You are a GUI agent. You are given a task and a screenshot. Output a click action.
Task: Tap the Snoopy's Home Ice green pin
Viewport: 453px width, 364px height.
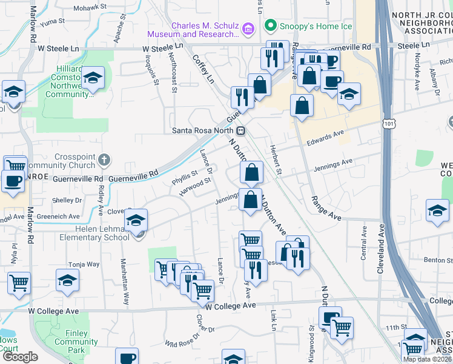point(270,26)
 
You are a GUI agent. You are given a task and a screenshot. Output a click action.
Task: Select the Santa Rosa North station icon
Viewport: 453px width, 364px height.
point(241,130)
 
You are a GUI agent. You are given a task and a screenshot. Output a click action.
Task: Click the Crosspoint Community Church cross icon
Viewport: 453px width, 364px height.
point(104,161)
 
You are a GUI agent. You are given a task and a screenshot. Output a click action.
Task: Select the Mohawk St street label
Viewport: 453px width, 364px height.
point(90,8)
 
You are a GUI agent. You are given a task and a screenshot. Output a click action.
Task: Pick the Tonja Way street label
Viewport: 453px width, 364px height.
point(84,265)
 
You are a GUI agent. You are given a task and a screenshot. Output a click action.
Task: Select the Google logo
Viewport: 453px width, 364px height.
point(20,357)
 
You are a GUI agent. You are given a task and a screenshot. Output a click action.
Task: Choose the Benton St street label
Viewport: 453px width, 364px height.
point(438,260)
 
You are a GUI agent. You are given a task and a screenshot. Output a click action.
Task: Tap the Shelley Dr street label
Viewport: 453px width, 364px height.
point(63,200)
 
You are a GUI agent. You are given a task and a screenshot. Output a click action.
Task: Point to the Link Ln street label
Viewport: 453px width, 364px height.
point(274,322)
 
